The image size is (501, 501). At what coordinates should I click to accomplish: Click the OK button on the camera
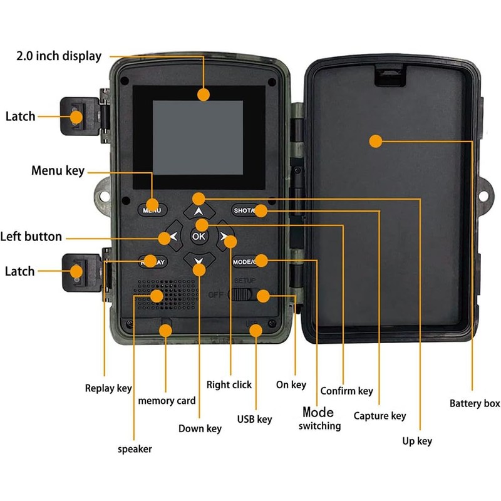[199, 236]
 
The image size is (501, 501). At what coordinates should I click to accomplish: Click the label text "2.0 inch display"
[58, 56]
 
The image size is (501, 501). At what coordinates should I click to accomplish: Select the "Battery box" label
[475, 403]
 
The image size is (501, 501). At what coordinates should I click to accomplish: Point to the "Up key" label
[417, 441]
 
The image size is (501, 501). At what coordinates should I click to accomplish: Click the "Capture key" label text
[380, 415]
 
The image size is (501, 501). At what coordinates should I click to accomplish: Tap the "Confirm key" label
[346, 391]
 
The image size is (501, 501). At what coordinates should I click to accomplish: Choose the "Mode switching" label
[319, 419]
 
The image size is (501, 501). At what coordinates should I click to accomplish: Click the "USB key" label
[254, 419]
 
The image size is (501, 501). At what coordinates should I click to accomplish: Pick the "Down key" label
[200, 428]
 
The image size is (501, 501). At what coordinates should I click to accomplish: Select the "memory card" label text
[167, 400]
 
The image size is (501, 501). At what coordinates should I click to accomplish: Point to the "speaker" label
[135, 448]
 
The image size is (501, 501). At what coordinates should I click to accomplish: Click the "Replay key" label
[108, 388]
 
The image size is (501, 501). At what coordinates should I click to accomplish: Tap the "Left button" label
[31, 237]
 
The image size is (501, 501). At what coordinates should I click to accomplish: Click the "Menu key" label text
[58, 170]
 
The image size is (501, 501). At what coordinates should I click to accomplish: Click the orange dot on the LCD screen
[203, 95]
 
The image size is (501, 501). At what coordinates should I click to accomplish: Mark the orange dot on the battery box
[375, 141]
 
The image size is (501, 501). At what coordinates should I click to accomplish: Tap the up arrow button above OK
[199, 210]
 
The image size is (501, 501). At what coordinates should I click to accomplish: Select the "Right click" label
[229, 385]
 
